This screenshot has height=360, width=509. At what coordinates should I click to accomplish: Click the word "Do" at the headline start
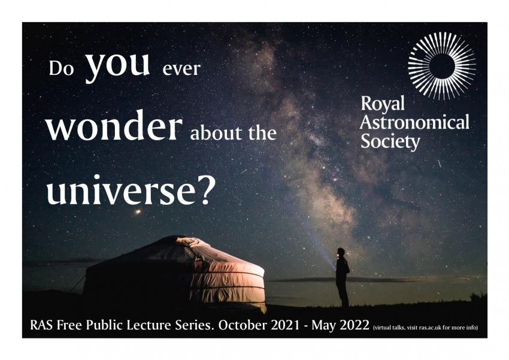click(60, 68)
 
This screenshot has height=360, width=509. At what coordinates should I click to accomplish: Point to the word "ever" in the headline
click(181, 69)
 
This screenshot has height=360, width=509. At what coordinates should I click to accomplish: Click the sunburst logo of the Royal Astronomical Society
click(442, 65)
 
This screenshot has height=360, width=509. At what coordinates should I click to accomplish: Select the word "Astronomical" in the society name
click(414, 123)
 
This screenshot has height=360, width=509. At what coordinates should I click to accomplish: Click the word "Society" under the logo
click(390, 142)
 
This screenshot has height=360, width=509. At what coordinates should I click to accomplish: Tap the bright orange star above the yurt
click(138, 211)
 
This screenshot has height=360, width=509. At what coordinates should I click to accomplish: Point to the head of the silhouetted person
click(341, 252)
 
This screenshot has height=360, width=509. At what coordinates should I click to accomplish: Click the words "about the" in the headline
click(233, 132)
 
